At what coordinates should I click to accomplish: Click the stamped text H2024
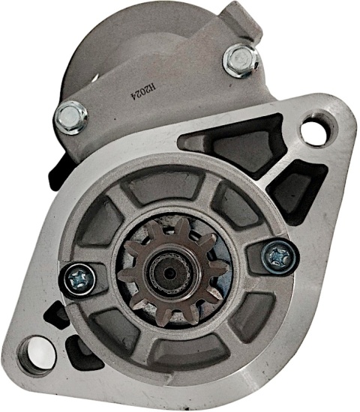(x=143, y=92)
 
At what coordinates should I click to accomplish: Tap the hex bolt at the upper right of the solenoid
(x=241, y=61)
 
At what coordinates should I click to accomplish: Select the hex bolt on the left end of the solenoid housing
(x=71, y=118)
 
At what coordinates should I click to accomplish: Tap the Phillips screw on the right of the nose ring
(x=280, y=257)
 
